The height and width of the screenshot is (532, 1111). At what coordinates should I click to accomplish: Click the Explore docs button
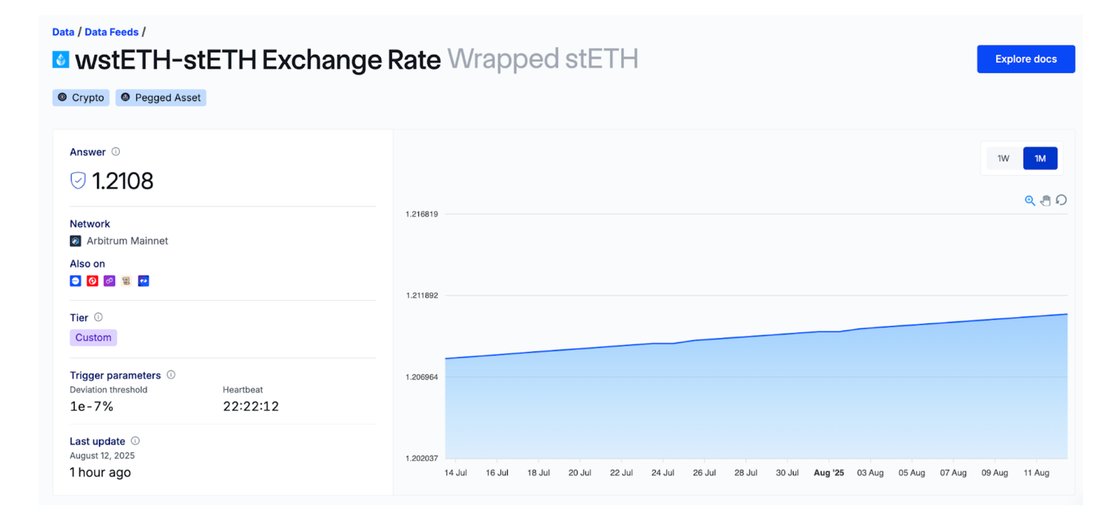coord(1025,59)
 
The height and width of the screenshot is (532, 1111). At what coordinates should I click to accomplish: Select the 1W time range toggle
coord(1003,158)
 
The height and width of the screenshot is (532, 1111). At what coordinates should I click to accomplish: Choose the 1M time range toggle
coord(1040,158)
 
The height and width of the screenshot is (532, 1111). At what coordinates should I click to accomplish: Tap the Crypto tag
coord(81,98)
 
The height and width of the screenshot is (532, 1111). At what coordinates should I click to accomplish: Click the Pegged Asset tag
coord(161,98)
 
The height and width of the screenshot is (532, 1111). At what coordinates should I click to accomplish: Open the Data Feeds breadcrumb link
coord(111,32)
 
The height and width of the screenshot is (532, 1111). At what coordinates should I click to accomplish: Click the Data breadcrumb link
coord(63,32)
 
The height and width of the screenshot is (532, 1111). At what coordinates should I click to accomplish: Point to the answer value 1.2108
coord(122,181)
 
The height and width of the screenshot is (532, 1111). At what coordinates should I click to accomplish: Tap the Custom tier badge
coord(93,337)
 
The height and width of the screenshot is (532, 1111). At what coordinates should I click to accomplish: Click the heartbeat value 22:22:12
coord(251,406)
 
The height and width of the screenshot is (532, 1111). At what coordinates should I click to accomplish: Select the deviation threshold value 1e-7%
coord(92,406)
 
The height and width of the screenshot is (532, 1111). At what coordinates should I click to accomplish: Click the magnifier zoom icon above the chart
coord(1029,201)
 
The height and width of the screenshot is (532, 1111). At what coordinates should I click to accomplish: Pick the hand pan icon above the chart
coord(1045,201)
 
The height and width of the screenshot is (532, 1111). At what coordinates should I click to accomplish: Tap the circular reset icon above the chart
coord(1062,200)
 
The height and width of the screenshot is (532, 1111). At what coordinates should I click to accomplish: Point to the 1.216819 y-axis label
coord(422,214)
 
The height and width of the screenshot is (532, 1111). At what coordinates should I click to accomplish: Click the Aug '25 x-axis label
coord(828,473)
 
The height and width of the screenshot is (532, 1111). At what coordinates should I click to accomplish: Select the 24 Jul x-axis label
coord(663,473)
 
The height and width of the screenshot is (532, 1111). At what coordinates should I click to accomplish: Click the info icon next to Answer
coord(116,152)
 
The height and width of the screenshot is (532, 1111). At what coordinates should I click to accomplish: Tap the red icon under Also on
coord(92,281)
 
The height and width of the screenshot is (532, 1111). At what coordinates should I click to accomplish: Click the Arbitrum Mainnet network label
coord(127,241)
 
